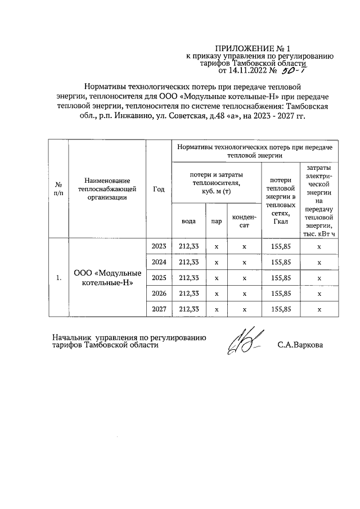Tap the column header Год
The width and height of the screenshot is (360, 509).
point(159,188)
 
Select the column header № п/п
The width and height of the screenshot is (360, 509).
point(58,188)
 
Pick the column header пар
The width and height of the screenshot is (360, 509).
point(216,221)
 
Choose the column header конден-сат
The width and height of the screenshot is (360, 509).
point(244,221)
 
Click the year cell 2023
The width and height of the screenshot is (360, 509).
point(159,246)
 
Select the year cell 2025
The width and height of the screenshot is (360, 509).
point(159,277)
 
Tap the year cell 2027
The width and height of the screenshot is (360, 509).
point(159,309)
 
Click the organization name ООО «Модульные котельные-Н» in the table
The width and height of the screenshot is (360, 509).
point(107,278)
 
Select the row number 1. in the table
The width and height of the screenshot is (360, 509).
point(58,278)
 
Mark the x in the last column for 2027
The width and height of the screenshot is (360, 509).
point(319,309)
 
